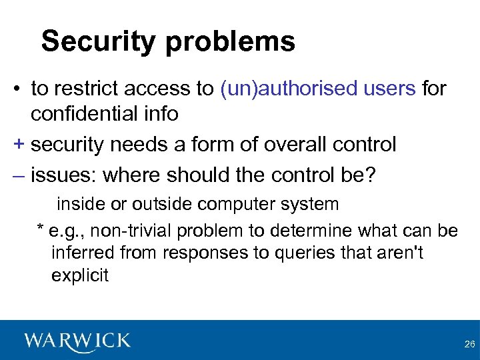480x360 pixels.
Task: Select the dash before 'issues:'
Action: click(17, 175)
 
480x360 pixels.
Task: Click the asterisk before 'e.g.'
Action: click(40, 230)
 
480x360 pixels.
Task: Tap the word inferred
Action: click(84, 253)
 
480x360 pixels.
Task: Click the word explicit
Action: click(79, 276)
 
